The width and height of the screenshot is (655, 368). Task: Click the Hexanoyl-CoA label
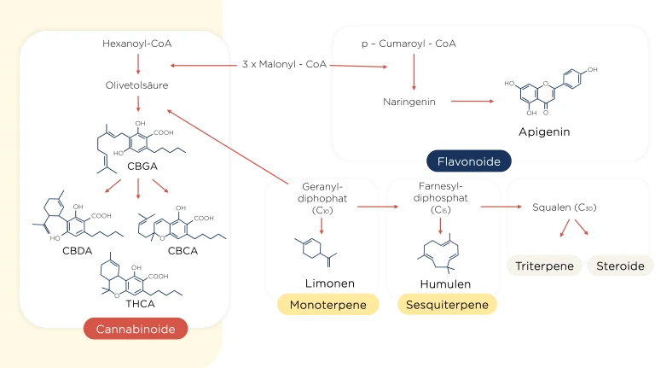pos(137,44)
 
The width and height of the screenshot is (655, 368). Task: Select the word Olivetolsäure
pos(137,85)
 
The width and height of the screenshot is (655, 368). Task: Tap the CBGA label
pos(142,166)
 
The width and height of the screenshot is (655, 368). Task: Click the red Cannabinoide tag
pos(135,329)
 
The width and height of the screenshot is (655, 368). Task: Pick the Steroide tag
pos(620,266)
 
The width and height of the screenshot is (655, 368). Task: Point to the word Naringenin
pos(409,102)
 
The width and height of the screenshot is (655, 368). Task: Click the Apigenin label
pos(543,132)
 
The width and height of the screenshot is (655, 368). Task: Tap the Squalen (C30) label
pos(562,207)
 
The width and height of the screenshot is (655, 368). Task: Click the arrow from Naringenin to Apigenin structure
pos(472,102)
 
